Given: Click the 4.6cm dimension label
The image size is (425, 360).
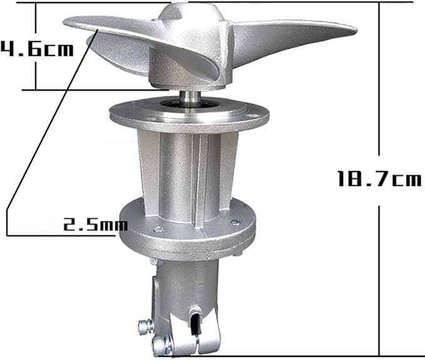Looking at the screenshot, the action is tap(37, 49).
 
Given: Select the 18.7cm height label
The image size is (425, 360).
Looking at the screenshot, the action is tap(379, 178).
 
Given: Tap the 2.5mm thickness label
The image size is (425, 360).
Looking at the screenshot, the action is tap(95, 224).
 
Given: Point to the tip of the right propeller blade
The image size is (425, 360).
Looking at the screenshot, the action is tap(357, 29).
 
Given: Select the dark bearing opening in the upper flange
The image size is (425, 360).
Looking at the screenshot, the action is tap(190, 105).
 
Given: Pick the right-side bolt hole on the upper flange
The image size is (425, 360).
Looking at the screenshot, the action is tap(253, 115).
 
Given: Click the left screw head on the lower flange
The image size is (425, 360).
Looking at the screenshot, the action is tap(158, 230).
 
